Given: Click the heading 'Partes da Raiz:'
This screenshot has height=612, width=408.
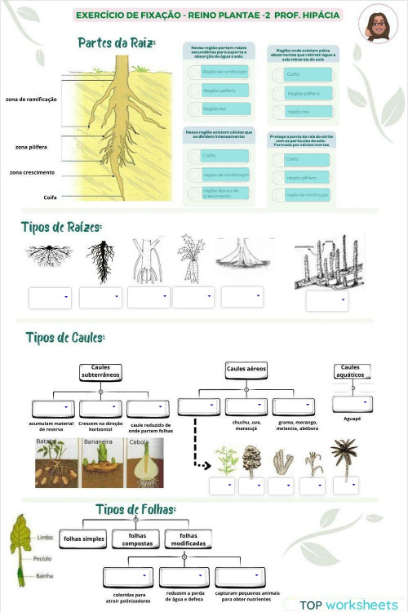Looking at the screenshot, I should coord(117,42).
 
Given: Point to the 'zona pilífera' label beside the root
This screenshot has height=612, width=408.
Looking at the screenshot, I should coord(31,147).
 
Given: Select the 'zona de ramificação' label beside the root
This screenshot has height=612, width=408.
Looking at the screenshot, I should coord(31,99).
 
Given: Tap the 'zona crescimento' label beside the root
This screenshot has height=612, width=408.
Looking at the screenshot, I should coord(32,172).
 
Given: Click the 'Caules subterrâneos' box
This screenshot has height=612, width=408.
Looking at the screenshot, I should coord(100,372).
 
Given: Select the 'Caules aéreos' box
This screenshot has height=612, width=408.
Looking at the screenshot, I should coord(247,370).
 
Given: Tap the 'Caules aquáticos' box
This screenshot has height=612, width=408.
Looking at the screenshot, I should coord(352,371).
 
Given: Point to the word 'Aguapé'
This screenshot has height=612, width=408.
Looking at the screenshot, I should coord(353,419).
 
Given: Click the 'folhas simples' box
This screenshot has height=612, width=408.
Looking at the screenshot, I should coord(84,539).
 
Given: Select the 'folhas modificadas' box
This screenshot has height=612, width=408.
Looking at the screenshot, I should coord(188,539).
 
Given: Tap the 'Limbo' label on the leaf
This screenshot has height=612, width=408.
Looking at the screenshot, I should coord(45,537).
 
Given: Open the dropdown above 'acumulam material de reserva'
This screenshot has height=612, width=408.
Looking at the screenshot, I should coord(53,408).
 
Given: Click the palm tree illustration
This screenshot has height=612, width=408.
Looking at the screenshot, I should coord(345,457).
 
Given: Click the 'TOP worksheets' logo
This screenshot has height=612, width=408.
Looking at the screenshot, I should coord(348,605).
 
